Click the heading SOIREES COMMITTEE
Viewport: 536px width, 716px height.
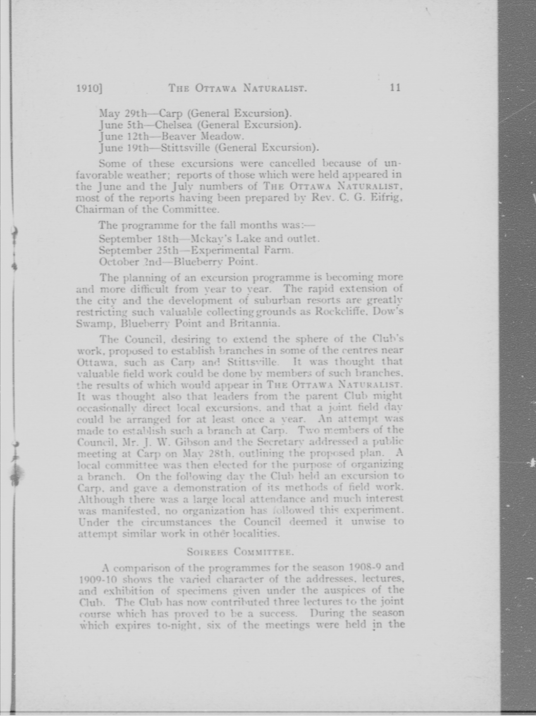point(240,552)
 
